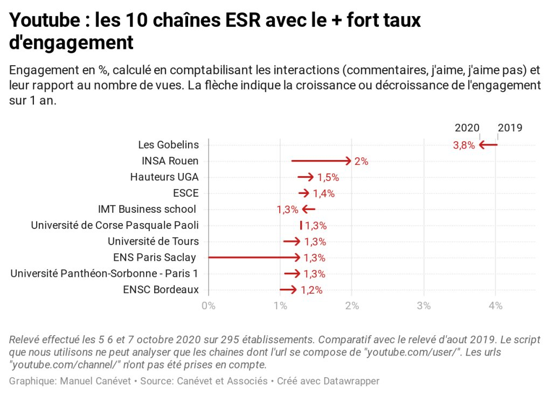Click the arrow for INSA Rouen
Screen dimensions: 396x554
(321, 161)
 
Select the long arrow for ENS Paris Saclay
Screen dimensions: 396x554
(254, 258)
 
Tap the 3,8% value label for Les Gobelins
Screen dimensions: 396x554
(463, 145)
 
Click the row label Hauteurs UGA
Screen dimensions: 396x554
(164, 177)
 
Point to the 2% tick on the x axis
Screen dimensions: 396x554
(352, 306)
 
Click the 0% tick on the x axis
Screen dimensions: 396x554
(208, 306)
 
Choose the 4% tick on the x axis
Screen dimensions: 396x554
(496, 306)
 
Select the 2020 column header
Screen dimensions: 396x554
(467, 128)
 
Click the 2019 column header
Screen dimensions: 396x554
(510, 128)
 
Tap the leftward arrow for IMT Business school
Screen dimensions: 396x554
(309, 209)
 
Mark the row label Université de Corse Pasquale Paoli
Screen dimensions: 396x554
(115, 225)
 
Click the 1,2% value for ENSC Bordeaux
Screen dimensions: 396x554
(311, 290)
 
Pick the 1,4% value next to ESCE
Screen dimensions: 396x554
(323, 193)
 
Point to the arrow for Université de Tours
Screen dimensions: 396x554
(292, 241)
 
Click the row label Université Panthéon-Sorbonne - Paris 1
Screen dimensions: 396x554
(105, 274)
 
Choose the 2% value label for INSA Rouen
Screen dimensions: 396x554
(361, 161)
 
